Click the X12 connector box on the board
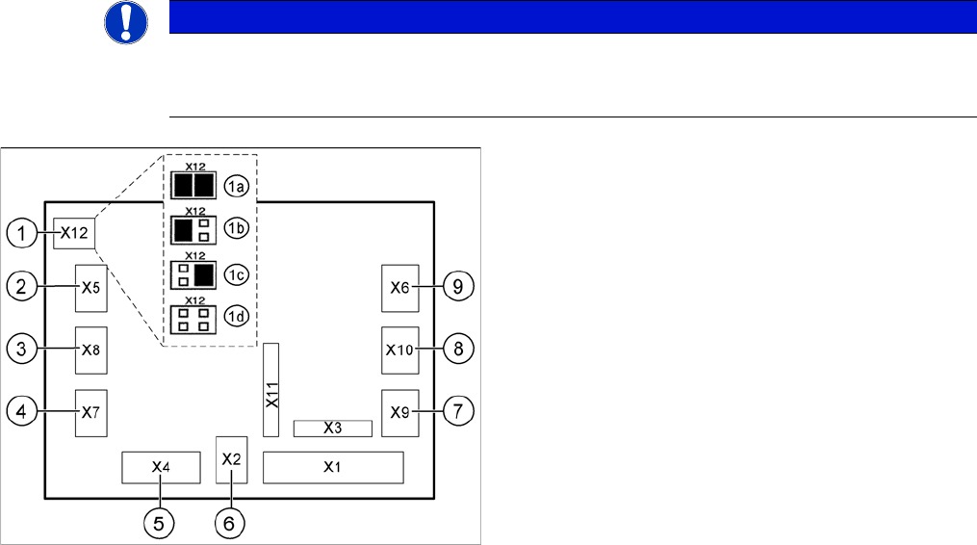point(74,232)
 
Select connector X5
point(90,287)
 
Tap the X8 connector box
point(90,350)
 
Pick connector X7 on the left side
point(90,413)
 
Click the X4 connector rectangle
point(161,467)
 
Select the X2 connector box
point(232,459)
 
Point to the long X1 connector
point(333,467)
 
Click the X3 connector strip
point(332,428)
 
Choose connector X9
point(400,413)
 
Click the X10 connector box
point(400,350)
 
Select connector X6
point(400,287)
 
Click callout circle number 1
point(22,232)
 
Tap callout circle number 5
point(160,523)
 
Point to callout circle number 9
point(459,287)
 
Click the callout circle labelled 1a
point(236,184)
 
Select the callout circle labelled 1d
point(236,319)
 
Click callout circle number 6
point(229,523)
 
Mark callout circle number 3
point(22,350)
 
